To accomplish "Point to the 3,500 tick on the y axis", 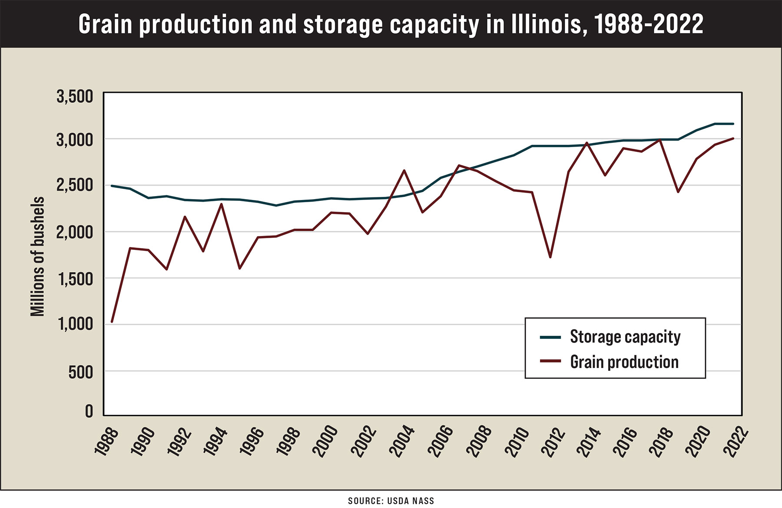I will (x=75, y=96).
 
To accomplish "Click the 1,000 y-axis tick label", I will (x=75, y=324).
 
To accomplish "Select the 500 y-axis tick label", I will (x=80, y=372).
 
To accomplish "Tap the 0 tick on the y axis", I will (x=89, y=411).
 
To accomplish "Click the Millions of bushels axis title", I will (x=38, y=256).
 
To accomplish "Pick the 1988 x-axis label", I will (x=106, y=442).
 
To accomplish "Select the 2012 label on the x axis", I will (x=548, y=442).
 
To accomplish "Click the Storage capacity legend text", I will (x=625, y=337).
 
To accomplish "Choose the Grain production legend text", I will (x=624, y=362).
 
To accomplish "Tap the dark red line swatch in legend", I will (x=550, y=361).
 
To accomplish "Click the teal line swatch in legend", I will (x=550, y=337).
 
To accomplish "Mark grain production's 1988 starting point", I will (x=112, y=321).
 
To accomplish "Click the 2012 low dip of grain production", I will (x=550, y=257).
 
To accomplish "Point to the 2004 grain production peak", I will (x=404, y=170).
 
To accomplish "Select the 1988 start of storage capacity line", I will (x=112, y=186).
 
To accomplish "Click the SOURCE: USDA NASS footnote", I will (x=391, y=501).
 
